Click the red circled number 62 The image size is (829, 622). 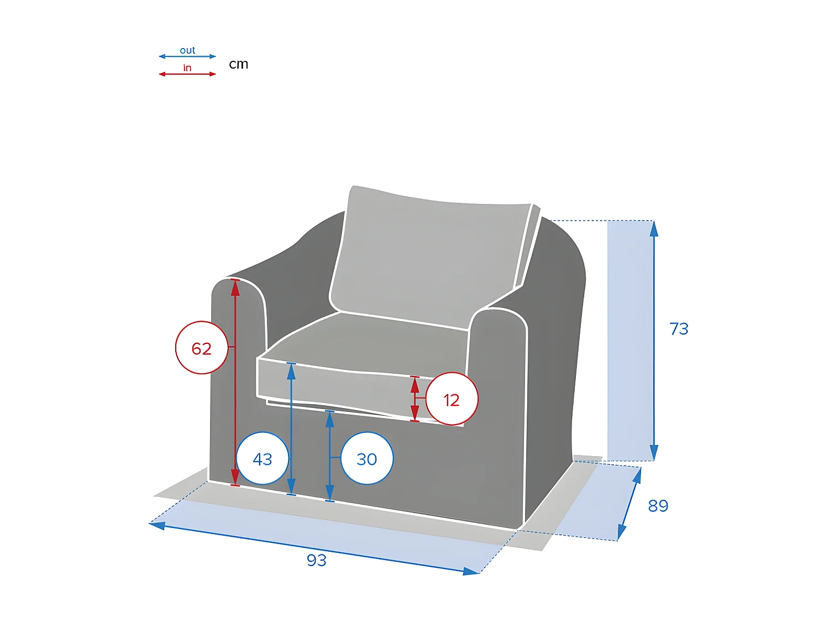(x=202, y=348)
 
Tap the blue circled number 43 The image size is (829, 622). (x=263, y=459)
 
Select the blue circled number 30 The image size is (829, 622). (x=367, y=459)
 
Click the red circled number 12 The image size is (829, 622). (x=452, y=400)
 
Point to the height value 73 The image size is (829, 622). (x=679, y=329)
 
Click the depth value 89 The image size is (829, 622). (x=658, y=506)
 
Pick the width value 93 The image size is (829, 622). (x=317, y=560)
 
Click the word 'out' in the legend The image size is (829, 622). (x=187, y=50)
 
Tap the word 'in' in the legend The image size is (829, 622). (x=187, y=68)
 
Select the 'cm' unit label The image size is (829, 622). (x=239, y=64)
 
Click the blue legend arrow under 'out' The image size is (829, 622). (x=187, y=56)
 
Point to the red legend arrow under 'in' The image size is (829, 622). (x=187, y=74)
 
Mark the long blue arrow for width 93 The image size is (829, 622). (x=315, y=547)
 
